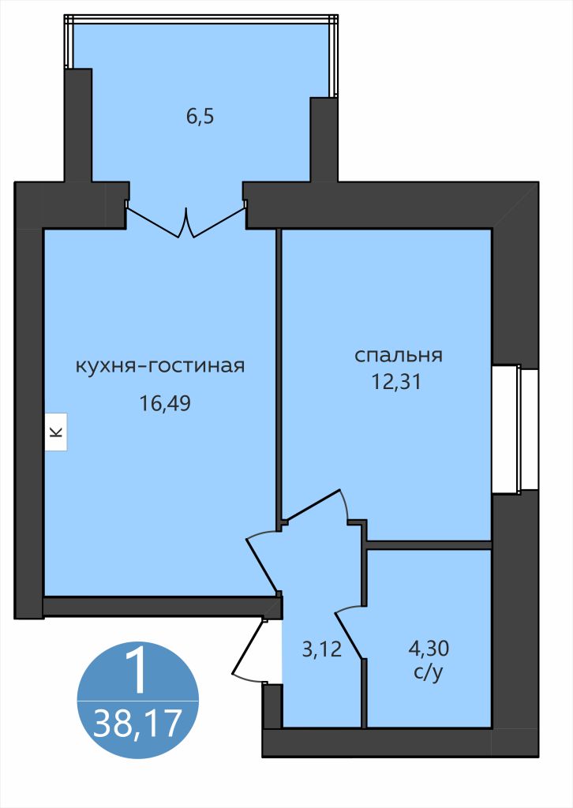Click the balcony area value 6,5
pos(200,117)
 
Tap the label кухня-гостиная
pos(159,366)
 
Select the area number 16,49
pos(165,404)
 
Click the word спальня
pos(398,355)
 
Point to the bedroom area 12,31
pos(398,383)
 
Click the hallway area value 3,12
pos(322,649)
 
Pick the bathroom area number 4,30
pos(428,649)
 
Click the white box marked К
pos(55,432)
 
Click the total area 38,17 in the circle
pos(137,722)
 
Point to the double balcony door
pos(186,221)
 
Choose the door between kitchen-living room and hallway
pos(263,560)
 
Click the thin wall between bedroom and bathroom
pos(428,544)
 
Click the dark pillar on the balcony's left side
pos(78,126)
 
